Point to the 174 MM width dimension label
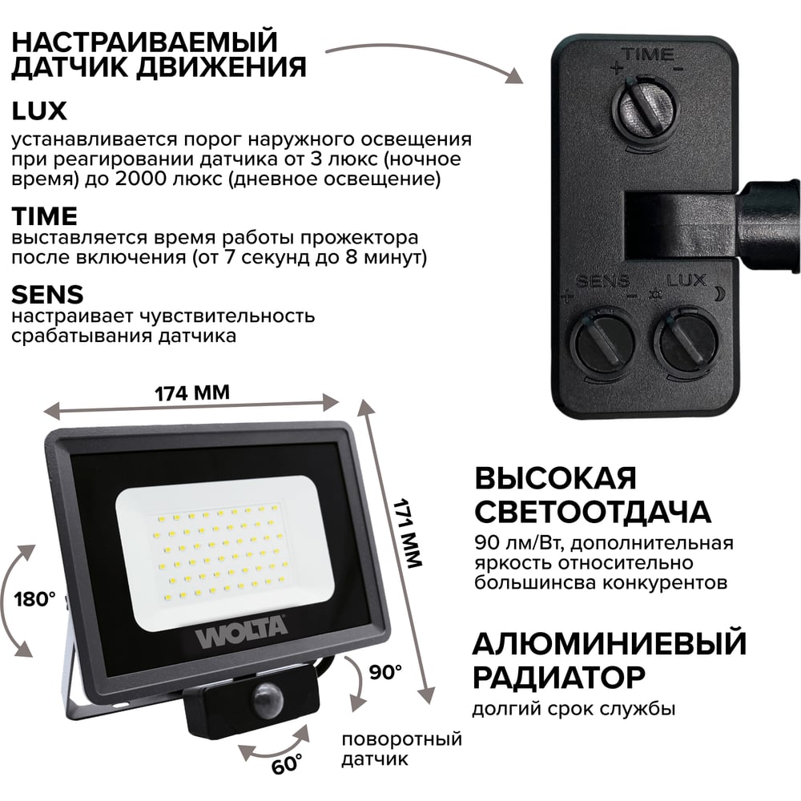[x=192, y=392]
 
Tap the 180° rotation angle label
[x=34, y=598]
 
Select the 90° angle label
[x=386, y=672]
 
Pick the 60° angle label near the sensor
[x=286, y=764]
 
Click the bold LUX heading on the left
[x=39, y=111]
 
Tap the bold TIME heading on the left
[x=44, y=216]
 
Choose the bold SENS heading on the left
[x=47, y=295]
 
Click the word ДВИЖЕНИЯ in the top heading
[x=222, y=67]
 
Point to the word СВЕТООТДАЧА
[x=593, y=511]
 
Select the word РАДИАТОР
[x=559, y=677]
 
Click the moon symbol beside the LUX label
[x=718, y=293]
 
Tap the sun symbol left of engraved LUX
[x=654, y=295]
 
